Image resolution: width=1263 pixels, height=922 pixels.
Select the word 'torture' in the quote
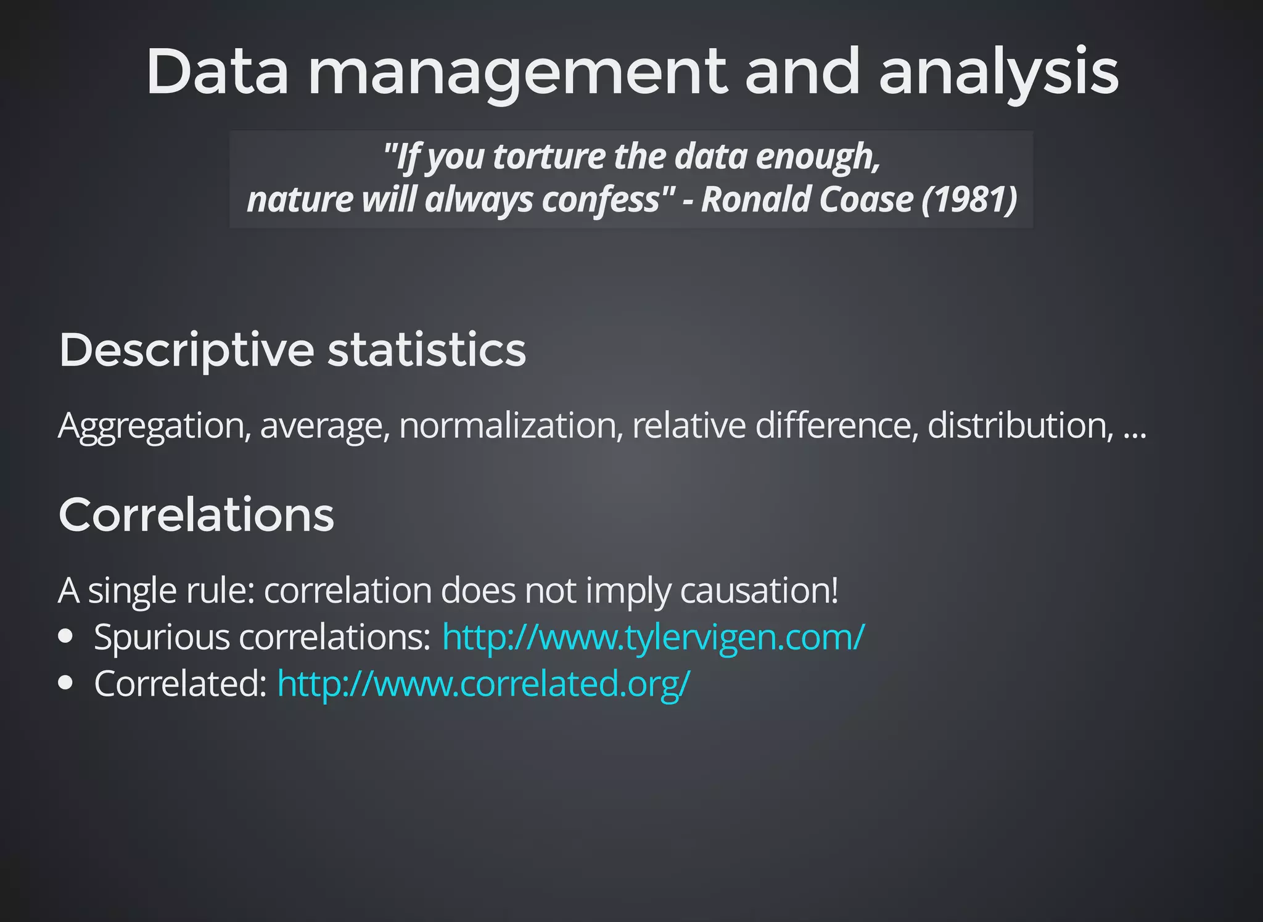coord(549,157)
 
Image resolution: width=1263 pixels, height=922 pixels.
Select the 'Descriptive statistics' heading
coord(292,350)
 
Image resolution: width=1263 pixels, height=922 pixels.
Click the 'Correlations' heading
coord(196,515)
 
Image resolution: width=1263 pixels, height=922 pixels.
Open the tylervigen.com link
coord(653,637)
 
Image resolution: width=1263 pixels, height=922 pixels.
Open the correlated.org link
coord(483,683)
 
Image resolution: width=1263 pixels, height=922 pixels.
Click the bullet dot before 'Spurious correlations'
coord(66,636)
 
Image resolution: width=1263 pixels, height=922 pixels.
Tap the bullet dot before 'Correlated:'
coord(66,683)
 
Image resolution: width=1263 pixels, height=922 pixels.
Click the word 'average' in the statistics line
coord(325,426)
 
